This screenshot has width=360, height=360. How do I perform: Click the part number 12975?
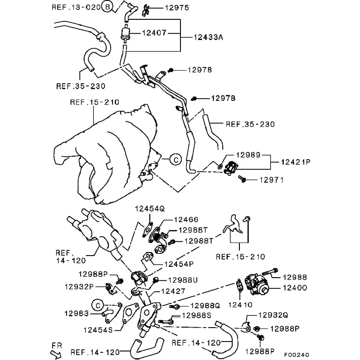pyautogui.click(x=177, y=8)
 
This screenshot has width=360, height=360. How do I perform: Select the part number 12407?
pyautogui.click(x=154, y=33)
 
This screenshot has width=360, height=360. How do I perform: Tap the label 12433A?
pyautogui.click(x=208, y=37)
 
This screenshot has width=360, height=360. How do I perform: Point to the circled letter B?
pyautogui.click(x=108, y=7)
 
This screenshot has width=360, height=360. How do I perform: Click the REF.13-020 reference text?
pyautogui.click(x=76, y=7)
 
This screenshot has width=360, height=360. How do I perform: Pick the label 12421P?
pyautogui.click(x=296, y=162)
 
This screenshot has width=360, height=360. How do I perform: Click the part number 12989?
pyautogui.click(x=248, y=155)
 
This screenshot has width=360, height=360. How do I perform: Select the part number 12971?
pyautogui.click(x=271, y=180)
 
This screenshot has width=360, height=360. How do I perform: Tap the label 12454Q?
pyautogui.click(x=150, y=209)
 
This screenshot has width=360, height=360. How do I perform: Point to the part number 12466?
pyautogui.click(x=186, y=220)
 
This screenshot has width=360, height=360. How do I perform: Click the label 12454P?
pyautogui.click(x=179, y=264)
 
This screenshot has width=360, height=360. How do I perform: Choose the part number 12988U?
pyautogui.click(x=183, y=280)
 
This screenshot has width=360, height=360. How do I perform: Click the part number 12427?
pyautogui.click(x=173, y=291)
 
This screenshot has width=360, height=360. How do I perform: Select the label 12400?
pyautogui.click(x=295, y=288)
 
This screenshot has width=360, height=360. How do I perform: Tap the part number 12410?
pyautogui.click(x=240, y=305)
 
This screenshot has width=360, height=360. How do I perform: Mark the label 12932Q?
pyautogui.click(x=273, y=315)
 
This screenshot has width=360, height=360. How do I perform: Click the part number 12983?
pyautogui.click(x=76, y=313)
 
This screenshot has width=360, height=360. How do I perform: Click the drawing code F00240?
pyautogui.click(x=297, y=355)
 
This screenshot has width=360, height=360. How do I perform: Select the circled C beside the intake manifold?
pyautogui.click(x=176, y=159)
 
